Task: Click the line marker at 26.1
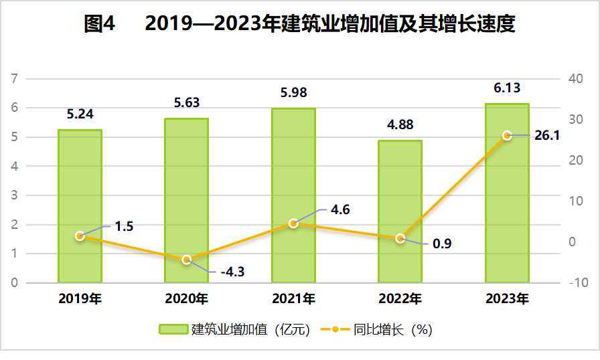click(507, 136)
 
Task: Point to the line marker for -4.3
click(187, 260)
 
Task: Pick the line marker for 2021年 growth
click(293, 223)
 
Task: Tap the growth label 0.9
click(442, 244)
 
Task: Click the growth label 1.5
click(124, 226)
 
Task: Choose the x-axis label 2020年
click(187, 298)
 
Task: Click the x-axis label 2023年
click(507, 298)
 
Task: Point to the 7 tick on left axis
click(15, 79)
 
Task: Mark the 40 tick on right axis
click(577, 79)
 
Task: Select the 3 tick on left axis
click(15, 195)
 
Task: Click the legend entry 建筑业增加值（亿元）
click(234, 329)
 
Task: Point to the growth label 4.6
click(340, 209)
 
